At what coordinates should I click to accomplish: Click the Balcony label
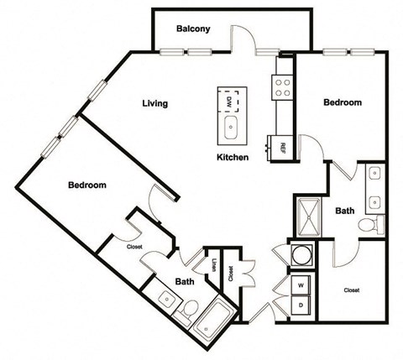193,29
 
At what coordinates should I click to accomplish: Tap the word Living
154,104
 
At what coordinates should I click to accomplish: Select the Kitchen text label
232,157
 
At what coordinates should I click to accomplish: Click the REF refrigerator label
282,146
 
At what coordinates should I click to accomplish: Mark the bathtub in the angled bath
215,319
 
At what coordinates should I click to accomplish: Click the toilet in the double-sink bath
368,226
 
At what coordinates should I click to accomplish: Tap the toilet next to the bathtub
190,311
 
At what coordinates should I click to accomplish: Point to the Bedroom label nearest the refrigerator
343,102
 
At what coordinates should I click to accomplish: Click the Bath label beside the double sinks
343,211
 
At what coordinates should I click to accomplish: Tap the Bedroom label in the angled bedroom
86,185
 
